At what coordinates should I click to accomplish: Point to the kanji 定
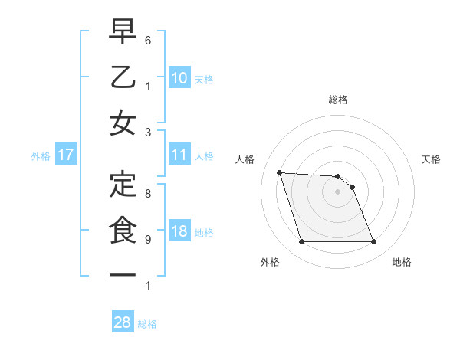[123, 184]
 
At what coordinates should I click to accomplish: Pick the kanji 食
[123, 230]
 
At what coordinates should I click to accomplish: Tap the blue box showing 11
[179, 155]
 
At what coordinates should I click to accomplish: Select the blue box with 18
[179, 231]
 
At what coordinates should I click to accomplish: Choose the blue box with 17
[65, 155]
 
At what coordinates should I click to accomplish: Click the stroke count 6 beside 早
[148, 39]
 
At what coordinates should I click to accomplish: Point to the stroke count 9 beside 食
[148, 240]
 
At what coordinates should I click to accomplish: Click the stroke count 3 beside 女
[148, 132]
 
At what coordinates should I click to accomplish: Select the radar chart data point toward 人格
[279, 172]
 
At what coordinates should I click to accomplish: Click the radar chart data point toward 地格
[373, 242]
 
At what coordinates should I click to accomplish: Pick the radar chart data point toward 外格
[301, 242]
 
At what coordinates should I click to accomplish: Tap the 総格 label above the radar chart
[337, 100]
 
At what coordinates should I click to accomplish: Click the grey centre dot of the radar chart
[337, 191]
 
